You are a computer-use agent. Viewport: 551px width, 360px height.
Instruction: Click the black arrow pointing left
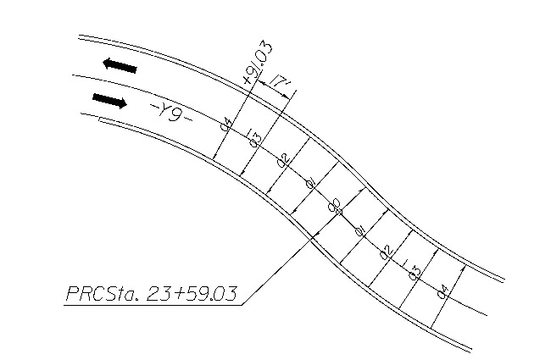pos(117,64)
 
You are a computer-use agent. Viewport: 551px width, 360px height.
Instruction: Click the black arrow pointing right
pos(109,101)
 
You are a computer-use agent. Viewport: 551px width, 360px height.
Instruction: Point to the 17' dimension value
pos(277,83)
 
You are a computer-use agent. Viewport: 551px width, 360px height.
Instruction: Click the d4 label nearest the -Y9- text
pos(225,124)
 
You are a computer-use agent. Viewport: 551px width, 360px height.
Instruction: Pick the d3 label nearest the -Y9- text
pos(253,138)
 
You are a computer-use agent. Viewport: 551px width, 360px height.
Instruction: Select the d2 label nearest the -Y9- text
pos(283,158)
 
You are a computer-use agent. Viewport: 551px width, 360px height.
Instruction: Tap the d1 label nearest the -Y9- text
pos(309,182)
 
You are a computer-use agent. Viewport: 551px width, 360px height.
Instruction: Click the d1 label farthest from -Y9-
pos(359,229)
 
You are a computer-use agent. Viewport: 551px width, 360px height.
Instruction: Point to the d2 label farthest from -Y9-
pos(385,251)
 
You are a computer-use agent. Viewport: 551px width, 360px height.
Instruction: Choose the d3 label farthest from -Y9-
pos(415,271)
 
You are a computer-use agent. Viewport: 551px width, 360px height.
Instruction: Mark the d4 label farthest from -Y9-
pos(442,292)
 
